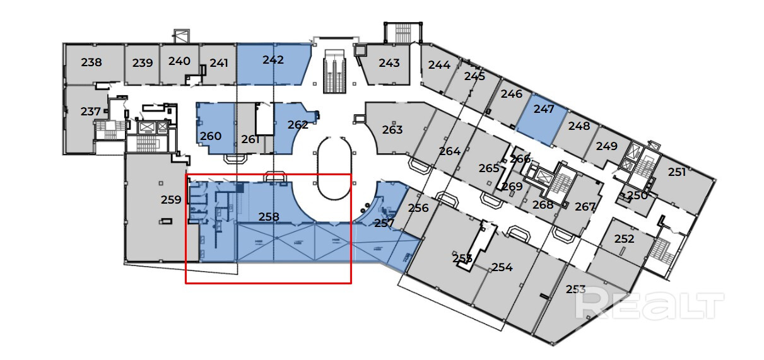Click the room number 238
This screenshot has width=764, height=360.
point(91,62)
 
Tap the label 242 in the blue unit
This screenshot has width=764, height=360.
point(273,61)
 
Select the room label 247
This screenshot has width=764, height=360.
point(544,109)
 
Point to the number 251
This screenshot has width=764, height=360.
point(677,172)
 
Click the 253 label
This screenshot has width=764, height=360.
point(575,289)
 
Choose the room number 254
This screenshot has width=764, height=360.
point(502,267)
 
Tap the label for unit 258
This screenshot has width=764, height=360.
point(269,216)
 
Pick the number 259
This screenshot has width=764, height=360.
point(171,200)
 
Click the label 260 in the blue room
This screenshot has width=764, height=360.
point(211,136)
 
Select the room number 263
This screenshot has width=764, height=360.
point(392,130)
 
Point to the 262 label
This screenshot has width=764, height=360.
point(298,125)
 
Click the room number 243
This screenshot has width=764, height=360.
point(389,63)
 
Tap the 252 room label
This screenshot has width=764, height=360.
point(624,239)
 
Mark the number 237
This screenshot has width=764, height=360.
point(91,112)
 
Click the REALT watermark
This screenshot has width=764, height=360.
point(650,305)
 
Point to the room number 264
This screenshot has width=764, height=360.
point(450,151)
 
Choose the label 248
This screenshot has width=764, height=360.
point(579,126)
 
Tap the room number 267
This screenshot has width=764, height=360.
point(585,207)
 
